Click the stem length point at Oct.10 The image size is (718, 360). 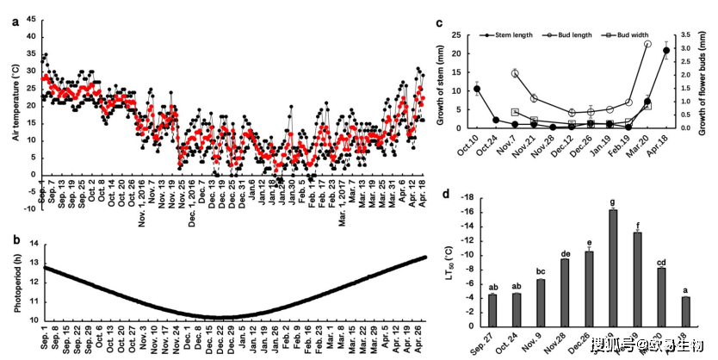point(477,89)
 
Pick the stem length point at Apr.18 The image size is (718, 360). point(666,51)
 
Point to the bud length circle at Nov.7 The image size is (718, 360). point(515,73)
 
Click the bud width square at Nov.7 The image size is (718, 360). point(515,112)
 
